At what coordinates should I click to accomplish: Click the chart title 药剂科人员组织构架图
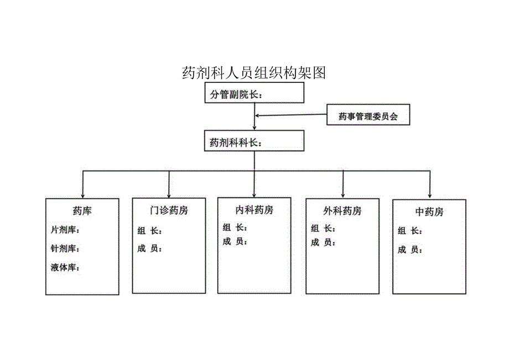(x=254, y=73)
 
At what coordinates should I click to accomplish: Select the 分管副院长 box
(x=254, y=94)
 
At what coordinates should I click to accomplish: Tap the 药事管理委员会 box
(x=368, y=117)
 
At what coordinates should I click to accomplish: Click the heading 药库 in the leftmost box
(x=82, y=211)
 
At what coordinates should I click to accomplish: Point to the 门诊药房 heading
(x=169, y=211)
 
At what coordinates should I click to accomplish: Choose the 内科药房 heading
(x=254, y=210)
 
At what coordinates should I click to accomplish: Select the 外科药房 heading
(x=342, y=211)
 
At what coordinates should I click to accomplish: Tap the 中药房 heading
(x=429, y=212)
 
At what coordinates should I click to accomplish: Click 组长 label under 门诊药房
(x=149, y=231)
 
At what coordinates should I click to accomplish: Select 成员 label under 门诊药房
(x=149, y=249)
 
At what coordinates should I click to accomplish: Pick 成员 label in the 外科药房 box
(x=323, y=242)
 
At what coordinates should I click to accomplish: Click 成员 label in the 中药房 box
(x=409, y=249)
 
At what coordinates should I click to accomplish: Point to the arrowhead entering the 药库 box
(x=82, y=194)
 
